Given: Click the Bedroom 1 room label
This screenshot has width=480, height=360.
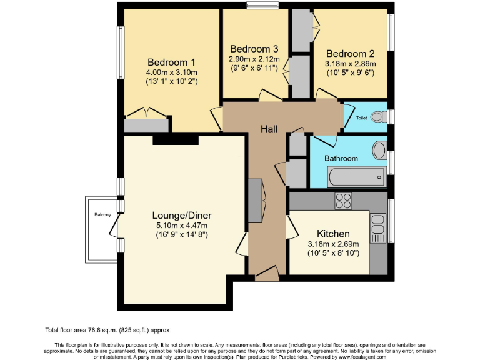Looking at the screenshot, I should (171, 62).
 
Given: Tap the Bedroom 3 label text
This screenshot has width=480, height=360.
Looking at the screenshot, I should (254, 49).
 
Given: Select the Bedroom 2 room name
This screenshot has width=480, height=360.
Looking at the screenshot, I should (350, 53).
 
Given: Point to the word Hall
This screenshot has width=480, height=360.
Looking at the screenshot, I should (269, 129).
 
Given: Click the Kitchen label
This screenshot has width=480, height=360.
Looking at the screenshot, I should (332, 233).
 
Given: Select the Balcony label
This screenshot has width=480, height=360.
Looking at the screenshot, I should (103, 215).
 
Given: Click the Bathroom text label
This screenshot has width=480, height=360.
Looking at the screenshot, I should (341, 158).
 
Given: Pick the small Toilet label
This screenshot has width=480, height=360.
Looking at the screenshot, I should (362, 117).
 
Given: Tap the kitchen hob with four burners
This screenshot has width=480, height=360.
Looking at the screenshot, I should (343, 201).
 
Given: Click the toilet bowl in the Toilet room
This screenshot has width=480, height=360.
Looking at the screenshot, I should (377, 117).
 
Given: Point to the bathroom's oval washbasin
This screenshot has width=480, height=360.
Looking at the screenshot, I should (379, 151).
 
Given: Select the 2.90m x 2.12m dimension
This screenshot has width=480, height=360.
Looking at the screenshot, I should (254, 59).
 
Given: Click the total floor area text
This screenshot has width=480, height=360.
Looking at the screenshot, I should (107, 330).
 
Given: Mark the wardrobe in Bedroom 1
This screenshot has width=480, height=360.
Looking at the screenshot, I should (146, 124).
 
